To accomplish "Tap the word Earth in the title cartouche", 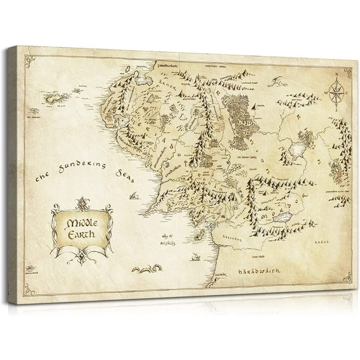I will (82, 232).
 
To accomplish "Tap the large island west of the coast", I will (56, 99).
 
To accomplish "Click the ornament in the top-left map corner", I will (31, 57).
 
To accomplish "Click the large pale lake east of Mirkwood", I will (296, 148).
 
